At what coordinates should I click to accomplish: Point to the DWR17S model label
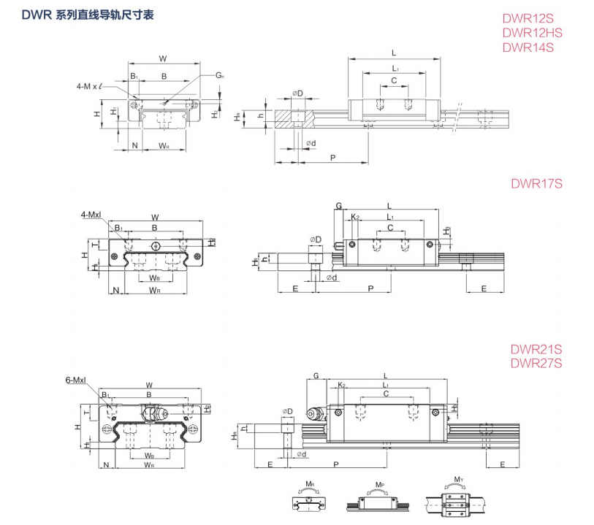pyautogui.click(x=536, y=183)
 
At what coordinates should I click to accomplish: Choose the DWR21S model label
pyautogui.click(x=536, y=349)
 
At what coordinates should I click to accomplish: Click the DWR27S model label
pyautogui.click(x=536, y=362)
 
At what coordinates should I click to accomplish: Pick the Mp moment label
pyautogui.click(x=379, y=484)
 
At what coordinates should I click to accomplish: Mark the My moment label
pyautogui.click(x=458, y=480)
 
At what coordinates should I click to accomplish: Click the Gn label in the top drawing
pyautogui.click(x=220, y=75)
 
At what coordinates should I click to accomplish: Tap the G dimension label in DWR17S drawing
pyautogui.click(x=338, y=207)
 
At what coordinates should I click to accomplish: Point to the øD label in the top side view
pyautogui.click(x=297, y=93)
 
